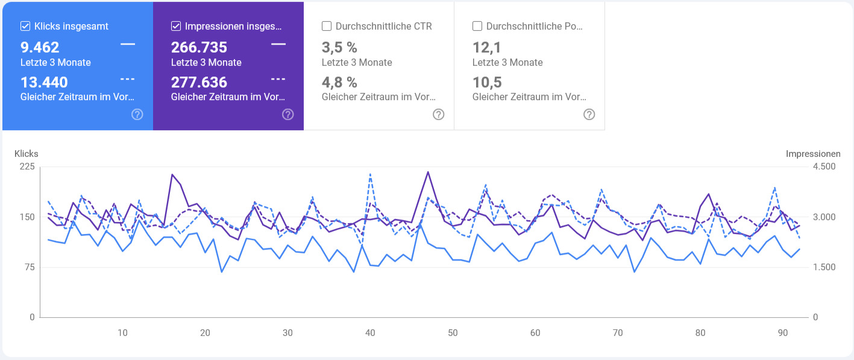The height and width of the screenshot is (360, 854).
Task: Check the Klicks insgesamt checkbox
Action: (x=25, y=26)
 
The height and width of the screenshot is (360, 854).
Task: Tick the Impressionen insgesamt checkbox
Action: (x=176, y=26)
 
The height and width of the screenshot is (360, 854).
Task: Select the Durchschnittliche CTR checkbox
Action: (x=327, y=26)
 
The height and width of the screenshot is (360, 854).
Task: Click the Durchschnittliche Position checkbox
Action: (x=477, y=26)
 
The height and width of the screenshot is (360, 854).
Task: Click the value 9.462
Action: (x=40, y=48)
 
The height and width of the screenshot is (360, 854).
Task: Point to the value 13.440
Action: (x=44, y=82)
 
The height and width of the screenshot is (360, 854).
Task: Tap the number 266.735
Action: (x=199, y=48)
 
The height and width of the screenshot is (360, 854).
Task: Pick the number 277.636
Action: (x=199, y=82)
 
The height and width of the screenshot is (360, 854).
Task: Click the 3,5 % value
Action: (x=339, y=48)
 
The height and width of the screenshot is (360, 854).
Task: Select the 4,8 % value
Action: (x=339, y=82)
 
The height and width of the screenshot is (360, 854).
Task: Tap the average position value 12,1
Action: (x=486, y=48)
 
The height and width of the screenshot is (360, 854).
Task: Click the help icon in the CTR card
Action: (x=439, y=115)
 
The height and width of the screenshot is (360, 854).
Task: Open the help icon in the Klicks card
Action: (x=137, y=115)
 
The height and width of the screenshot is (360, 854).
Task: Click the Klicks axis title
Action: (x=27, y=154)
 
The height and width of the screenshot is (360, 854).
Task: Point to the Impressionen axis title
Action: (x=812, y=154)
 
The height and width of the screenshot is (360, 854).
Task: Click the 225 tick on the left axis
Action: (x=27, y=166)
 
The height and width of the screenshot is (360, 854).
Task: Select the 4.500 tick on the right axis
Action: (x=823, y=166)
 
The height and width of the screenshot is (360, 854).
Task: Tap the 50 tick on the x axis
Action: (x=453, y=332)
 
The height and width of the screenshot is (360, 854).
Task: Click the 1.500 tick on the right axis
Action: (x=823, y=267)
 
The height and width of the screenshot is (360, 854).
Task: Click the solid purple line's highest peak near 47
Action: (x=428, y=172)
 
